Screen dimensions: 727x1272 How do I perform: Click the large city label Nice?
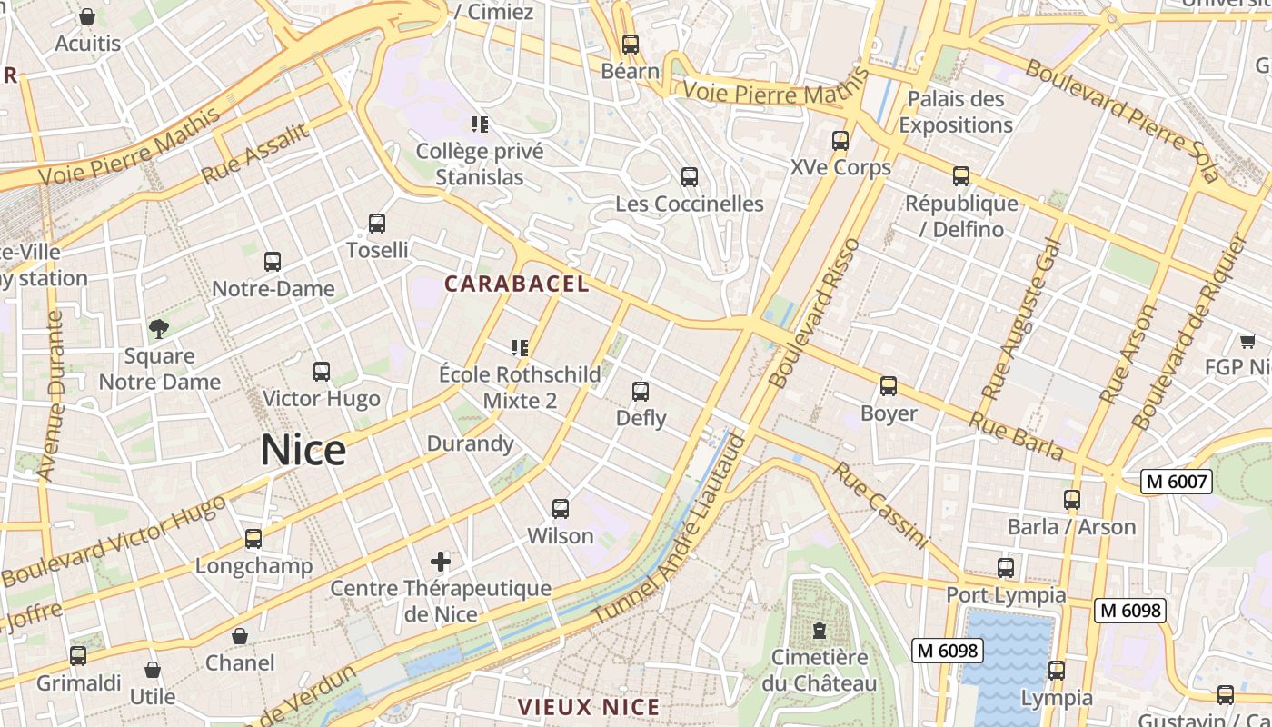coord(303,450)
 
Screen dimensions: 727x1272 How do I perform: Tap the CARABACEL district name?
coord(516,284)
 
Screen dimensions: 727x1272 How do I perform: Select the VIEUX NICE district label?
coord(588,707)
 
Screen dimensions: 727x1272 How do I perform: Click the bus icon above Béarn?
coord(630,44)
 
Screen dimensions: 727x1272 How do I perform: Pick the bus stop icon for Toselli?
coord(377,223)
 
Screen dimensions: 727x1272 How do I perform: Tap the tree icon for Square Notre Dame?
coord(159,328)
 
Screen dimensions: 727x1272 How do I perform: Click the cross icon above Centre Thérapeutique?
coord(441,561)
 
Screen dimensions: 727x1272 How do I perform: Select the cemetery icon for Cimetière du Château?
coord(820,630)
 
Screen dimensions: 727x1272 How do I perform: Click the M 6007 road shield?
coord(1177,482)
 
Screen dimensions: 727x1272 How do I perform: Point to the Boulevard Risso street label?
coord(814,314)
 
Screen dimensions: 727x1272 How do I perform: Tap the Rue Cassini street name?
coord(880,505)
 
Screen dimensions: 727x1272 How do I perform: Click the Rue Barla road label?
coord(1015,435)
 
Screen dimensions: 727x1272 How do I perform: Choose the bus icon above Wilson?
coord(561,509)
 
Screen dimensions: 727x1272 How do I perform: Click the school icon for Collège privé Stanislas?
coord(479,124)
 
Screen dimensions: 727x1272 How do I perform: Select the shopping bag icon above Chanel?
coord(240,635)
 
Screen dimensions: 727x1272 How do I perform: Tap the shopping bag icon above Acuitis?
coord(87,16)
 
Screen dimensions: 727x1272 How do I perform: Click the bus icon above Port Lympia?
coord(1006,568)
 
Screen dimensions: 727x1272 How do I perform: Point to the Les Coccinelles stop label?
coord(689,204)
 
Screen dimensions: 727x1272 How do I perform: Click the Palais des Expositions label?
coord(956,112)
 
